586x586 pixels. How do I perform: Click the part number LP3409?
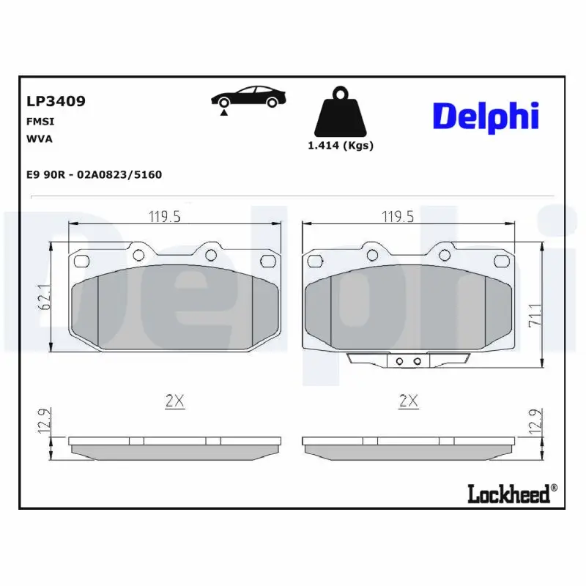pyautogui.click(x=56, y=102)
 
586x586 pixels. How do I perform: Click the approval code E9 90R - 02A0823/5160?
pyautogui.click(x=94, y=175)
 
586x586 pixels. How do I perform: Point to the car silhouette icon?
pyautogui.click(x=248, y=97)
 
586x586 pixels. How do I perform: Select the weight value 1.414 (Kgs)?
pyautogui.click(x=340, y=145)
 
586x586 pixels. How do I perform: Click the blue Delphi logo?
pyautogui.click(x=486, y=116)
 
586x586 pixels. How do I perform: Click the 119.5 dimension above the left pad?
pyautogui.click(x=165, y=216)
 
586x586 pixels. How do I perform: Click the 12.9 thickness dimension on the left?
pyautogui.click(x=43, y=422)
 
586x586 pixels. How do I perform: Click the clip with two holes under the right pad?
pyautogui.click(x=407, y=360)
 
